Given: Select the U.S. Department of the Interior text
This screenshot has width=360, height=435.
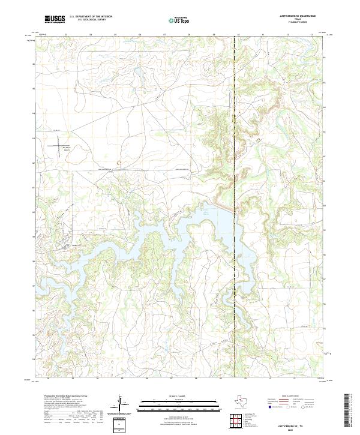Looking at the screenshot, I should pyautogui.click(x=91, y=16).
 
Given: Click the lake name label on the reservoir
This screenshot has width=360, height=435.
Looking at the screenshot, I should pyautogui.click(x=206, y=212).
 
